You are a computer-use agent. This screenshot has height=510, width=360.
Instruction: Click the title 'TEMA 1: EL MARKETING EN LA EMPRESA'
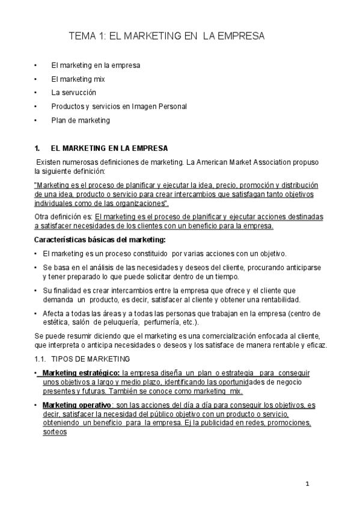[167, 37]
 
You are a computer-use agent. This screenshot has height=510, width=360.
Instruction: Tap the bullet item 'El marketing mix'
[78, 78]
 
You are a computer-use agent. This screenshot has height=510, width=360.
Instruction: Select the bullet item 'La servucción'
[73, 92]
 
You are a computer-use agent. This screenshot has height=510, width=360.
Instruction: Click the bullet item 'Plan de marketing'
[81, 120]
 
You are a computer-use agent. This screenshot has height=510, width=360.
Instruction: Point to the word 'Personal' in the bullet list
[173, 106]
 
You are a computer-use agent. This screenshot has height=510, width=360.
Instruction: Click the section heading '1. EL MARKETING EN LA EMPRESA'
[110, 148]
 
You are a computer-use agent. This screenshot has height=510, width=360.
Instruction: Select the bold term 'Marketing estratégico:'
[81, 373]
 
